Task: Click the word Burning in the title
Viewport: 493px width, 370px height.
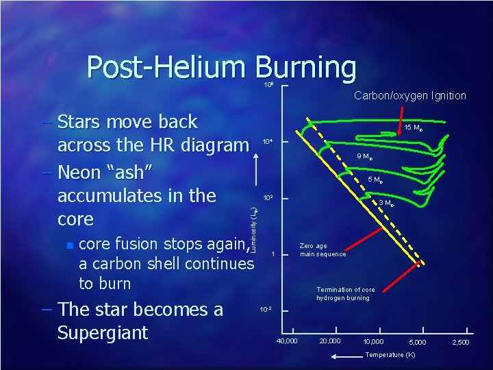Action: coord(306,68)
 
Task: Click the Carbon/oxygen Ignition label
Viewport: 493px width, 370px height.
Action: coord(409,96)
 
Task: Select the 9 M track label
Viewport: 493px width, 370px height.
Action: coord(364,157)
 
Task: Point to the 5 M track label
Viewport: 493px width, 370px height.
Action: coord(375,180)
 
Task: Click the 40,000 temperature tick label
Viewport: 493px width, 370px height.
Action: coord(286,341)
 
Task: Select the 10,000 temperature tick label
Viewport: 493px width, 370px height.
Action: coord(374,341)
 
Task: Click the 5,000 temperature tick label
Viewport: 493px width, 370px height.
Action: coord(416,341)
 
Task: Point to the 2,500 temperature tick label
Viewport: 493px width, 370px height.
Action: coord(459,341)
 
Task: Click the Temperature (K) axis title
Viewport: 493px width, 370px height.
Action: coord(390,355)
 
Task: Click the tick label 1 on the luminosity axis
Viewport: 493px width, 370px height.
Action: coord(273,255)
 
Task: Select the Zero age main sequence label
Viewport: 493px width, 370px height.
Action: coord(323,250)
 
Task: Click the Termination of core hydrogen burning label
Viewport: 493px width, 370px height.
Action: coord(342,294)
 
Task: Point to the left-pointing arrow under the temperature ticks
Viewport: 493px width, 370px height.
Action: coord(346,356)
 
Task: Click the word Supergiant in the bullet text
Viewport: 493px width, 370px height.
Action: coord(103,333)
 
